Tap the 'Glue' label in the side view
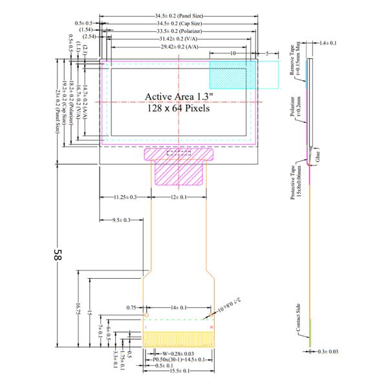pos(318,156)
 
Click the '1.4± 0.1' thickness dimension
pos(329,43)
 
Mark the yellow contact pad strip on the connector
pos(178,338)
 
